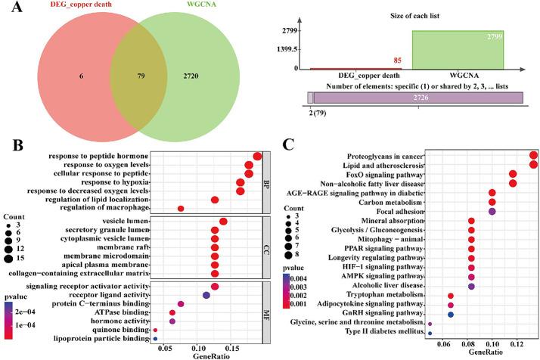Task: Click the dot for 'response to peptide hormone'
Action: pos(257,156)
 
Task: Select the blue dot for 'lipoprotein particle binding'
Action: pos(155,340)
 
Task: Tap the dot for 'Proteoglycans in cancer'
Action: pos(534,155)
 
